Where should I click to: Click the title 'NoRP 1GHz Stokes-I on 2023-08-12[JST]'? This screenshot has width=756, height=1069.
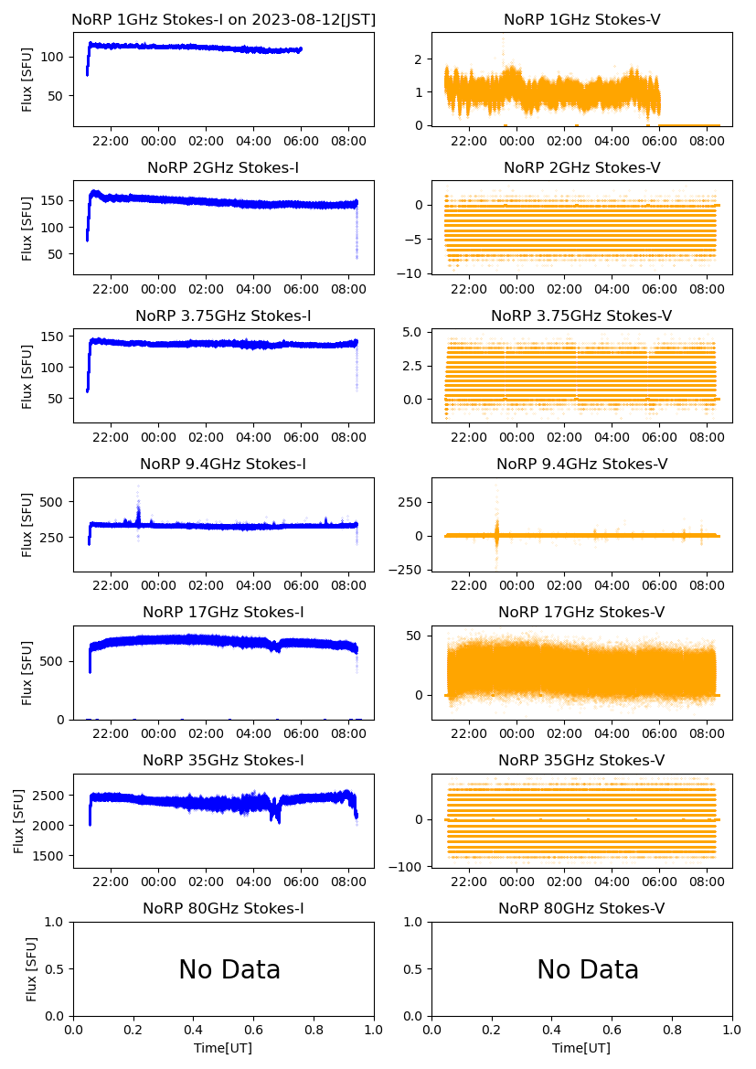click(x=223, y=19)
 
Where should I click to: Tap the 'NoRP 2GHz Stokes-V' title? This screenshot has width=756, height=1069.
click(x=581, y=167)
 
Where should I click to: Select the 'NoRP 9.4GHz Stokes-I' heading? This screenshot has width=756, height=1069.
click(x=223, y=464)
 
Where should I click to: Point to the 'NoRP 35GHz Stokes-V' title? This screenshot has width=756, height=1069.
click(x=581, y=760)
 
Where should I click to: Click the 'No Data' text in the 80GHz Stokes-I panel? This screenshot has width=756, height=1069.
click(x=229, y=969)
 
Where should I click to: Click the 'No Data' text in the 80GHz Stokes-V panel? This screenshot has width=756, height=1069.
click(x=588, y=969)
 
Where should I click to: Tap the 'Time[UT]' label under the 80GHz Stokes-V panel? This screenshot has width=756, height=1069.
click(x=581, y=1048)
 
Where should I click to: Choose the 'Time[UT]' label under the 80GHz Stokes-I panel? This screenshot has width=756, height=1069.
click(x=223, y=1048)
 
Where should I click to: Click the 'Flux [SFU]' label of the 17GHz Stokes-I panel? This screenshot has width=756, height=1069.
click(x=27, y=672)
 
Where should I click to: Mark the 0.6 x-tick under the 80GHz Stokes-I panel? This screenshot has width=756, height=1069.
click(x=253, y=1031)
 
